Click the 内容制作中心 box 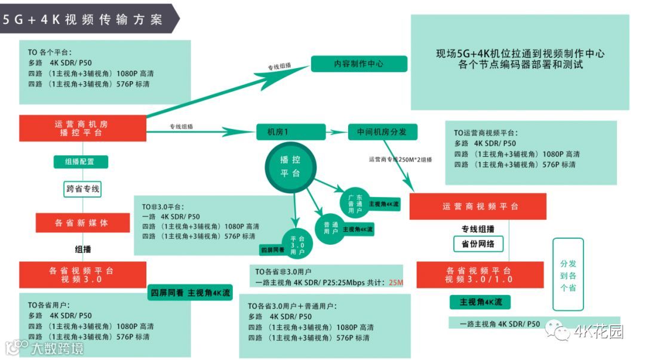point(359,64)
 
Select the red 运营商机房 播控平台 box point(82,128)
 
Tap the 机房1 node point(290,132)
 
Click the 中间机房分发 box point(382,132)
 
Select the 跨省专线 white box point(82,189)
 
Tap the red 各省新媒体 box point(82,223)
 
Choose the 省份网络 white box point(478,244)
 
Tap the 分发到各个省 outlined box point(568,275)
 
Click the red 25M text point(396,282)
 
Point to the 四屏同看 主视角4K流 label point(191,293)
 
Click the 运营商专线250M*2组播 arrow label point(400,159)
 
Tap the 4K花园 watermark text point(598,332)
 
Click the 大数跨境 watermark point(57,347)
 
